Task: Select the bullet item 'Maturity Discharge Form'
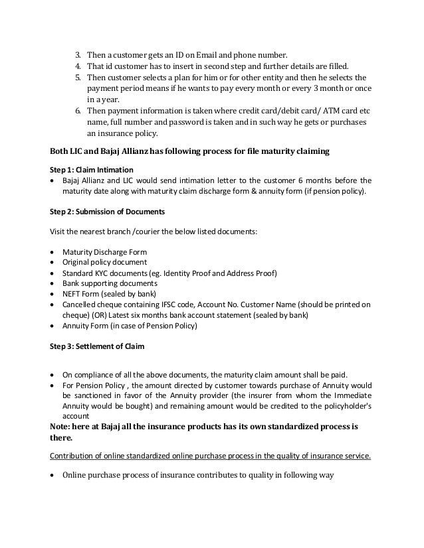[x=104, y=253]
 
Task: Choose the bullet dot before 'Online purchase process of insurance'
[x=53, y=475]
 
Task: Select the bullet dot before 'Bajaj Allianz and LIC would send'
[x=53, y=180]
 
